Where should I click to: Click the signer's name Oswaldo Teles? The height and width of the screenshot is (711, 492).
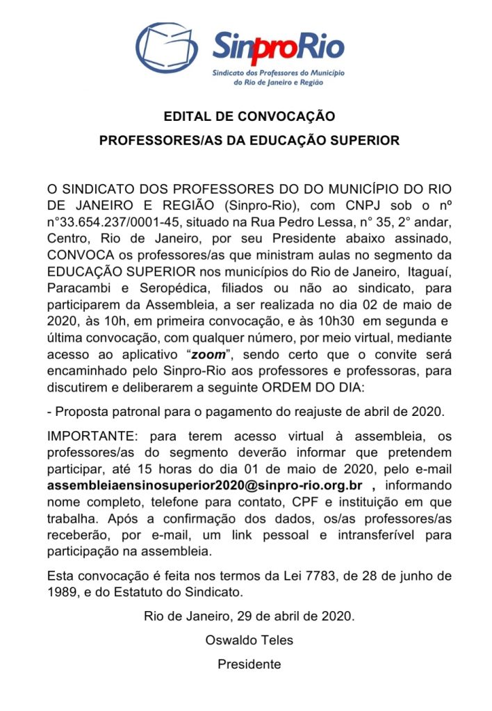point(249,639)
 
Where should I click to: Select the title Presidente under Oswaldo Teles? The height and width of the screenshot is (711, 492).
point(249,664)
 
